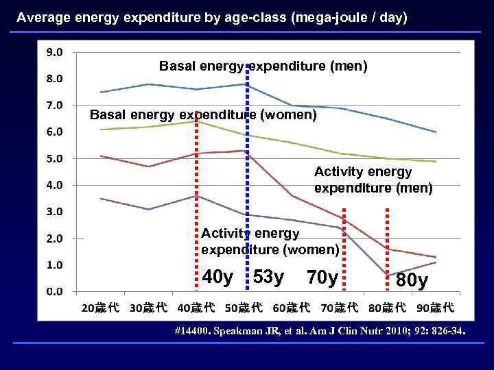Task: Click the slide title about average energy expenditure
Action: point(212,18)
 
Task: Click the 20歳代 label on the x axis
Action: point(100,308)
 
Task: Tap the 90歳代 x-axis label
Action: point(435,308)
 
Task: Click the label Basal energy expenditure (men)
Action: point(263,66)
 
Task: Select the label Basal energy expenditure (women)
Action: point(203,115)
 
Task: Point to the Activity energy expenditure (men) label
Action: point(373,180)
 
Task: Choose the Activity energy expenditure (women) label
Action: point(270,242)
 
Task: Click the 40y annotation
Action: point(218,277)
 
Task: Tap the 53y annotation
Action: point(268,277)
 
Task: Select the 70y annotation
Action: point(322,278)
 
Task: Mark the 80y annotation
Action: point(412,281)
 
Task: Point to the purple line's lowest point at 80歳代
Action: point(388,275)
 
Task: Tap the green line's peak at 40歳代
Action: point(196,121)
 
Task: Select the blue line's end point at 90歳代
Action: point(436,132)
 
